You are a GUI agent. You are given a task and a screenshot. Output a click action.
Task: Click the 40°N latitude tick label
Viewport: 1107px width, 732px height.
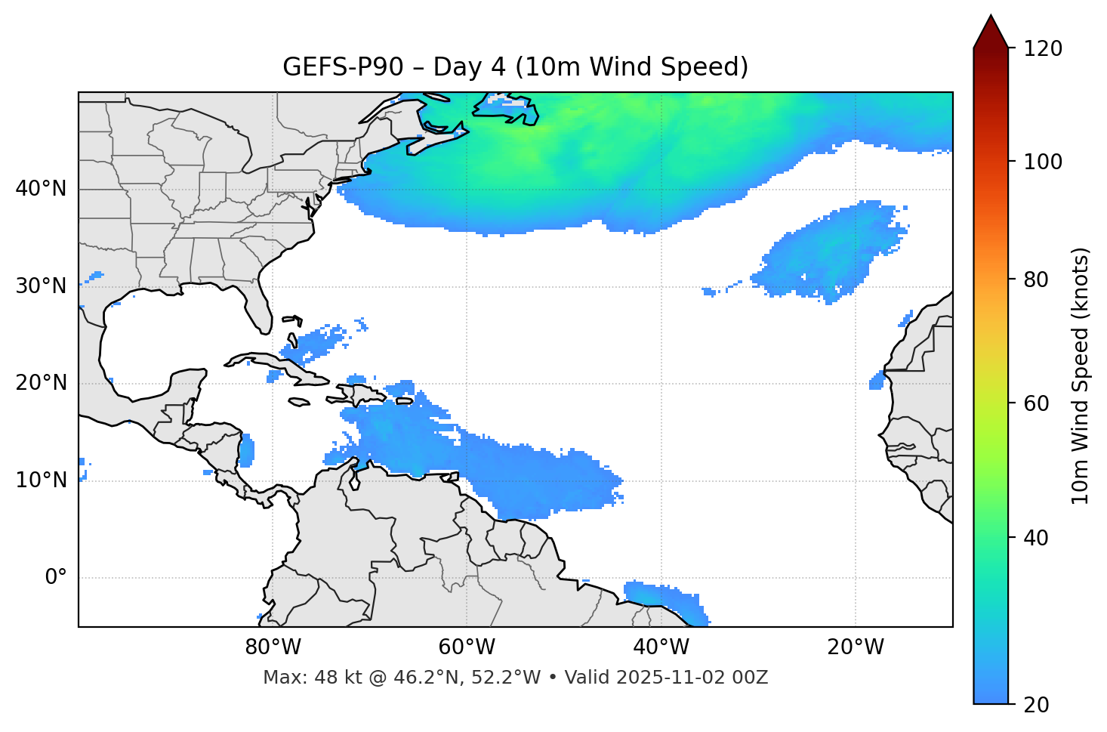click(x=41, y=189)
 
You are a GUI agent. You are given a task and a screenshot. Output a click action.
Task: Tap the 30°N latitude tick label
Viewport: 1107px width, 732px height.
click(x=41, y=286)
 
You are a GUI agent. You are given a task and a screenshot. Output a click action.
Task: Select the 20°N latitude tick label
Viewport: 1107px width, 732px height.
click(x=41, y=383)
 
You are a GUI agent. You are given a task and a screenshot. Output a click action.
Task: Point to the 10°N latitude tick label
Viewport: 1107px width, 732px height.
click(x=41, y=480)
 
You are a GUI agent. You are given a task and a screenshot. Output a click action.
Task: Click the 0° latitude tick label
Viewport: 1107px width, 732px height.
click(x=56, y=578)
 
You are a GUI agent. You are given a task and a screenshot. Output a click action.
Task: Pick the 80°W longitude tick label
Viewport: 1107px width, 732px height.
click(x=273, y=647)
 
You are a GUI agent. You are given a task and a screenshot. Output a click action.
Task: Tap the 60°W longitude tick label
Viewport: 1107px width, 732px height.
click(x=467, y=647)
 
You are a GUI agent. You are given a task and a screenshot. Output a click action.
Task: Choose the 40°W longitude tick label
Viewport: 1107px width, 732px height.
click(x=661, y=647)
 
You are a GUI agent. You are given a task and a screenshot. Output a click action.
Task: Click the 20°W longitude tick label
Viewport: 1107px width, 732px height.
click(x=856, y=647)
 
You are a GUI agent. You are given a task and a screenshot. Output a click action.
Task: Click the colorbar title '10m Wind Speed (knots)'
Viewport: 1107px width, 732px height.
click(x=1081, y=375)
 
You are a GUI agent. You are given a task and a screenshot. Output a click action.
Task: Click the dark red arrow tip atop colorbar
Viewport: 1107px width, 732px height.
click(x=991, y=29)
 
